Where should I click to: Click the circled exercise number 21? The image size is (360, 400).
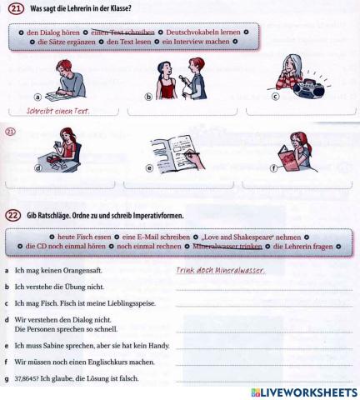click(13, 9)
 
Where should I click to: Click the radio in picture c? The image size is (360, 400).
click(305, 86)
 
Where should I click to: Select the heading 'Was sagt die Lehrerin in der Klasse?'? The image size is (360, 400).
click(81, 9)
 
